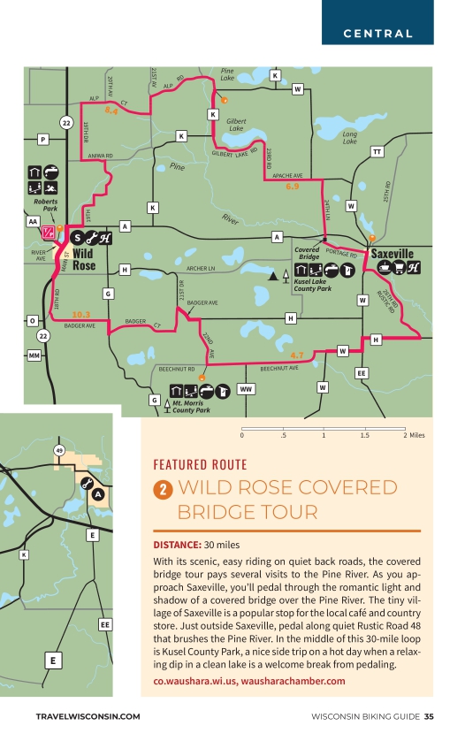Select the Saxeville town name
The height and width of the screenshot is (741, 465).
coord(392,254)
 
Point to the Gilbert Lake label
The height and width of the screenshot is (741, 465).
coord(235,124)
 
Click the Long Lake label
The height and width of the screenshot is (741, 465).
coord(349,137)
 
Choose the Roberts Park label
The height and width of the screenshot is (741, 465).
coord(45,206)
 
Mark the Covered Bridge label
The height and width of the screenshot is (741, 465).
coord(308,254)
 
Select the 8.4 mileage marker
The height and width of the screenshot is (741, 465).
coord(111,111)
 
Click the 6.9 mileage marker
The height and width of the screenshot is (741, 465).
coord(293,187)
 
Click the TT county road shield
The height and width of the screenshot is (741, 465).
coord(377,152)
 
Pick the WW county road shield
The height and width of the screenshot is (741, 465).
coord(247,388)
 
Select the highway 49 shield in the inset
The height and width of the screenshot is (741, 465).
coord(59,451)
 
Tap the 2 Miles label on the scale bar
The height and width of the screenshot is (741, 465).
coord(414,435)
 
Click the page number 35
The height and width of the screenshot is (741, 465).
coord(428,716)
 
